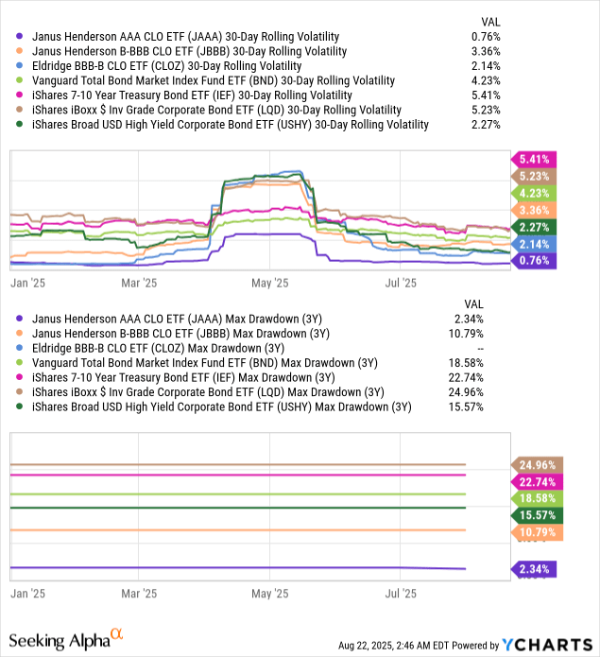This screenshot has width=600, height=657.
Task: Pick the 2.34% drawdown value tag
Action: [535, 569]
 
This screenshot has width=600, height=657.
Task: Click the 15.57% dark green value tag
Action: [535, 513]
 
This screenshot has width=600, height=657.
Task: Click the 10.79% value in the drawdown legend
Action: [483, 333]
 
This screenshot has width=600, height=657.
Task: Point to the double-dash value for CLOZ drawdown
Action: [493, 348]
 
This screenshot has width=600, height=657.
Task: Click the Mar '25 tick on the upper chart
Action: [139, 282]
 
